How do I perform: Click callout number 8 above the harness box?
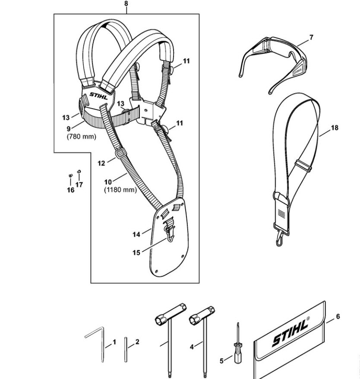point(126,4)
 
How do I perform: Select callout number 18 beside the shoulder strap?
point(335,128)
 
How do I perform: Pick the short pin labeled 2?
point(126,350)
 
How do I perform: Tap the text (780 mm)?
point(81,137)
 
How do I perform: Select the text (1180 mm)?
point(120,190)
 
